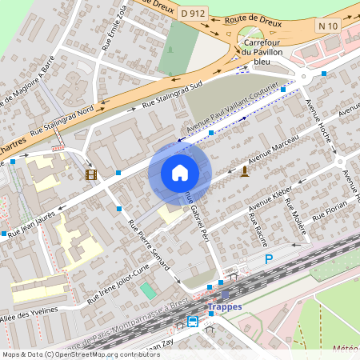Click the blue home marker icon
pos(180,172)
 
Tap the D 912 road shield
pos(192,13)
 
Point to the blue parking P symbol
pos(269,258)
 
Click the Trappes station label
pos(223,306)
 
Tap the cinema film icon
pos(90,174)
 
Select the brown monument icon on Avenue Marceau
pos(244,170)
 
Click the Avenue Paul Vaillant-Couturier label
pos(232,107)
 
